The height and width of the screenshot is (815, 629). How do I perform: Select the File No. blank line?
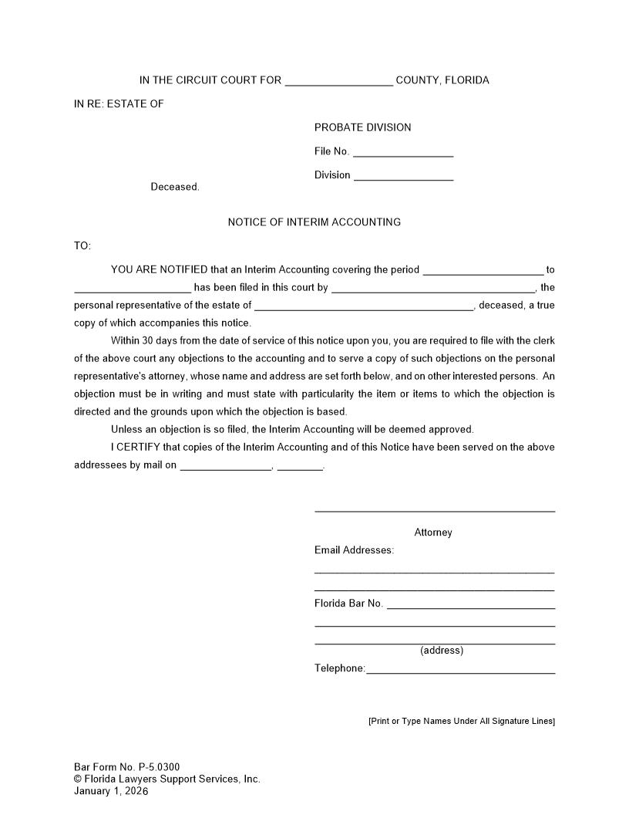click(x=402, y=153)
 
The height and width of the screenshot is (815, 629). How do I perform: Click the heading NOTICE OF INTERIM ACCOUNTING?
click(x=314, y=222)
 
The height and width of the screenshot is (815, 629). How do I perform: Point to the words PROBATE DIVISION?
click(x=362, y=127)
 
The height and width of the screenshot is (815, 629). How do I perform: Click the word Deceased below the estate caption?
click(x=174, y=187)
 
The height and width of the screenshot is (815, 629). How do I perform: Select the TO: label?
click(x=82, y=246)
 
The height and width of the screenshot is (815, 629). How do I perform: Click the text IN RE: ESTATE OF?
click(x=119, y=104)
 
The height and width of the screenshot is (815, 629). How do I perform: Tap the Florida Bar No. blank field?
click(x=470, y=605)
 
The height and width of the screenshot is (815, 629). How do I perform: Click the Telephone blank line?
click(x=460, y=670)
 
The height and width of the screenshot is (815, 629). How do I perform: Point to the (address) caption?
click(x=442, y=651)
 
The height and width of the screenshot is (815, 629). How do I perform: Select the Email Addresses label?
click(x=354, y=550)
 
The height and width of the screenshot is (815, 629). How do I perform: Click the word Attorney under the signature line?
click(x=433, y=533)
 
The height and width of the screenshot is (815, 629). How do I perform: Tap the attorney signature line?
click(x=434, y=510)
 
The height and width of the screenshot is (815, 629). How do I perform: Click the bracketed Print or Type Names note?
click(x=461, y=721)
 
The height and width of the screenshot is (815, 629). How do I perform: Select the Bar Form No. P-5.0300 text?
click(x=127, y=767)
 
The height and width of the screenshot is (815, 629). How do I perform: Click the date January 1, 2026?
click(x=111, y=791)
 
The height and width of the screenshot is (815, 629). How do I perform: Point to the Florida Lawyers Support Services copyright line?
click(x=167, y=779)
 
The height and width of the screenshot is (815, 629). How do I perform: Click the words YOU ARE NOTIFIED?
click(x=159, y=270)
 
